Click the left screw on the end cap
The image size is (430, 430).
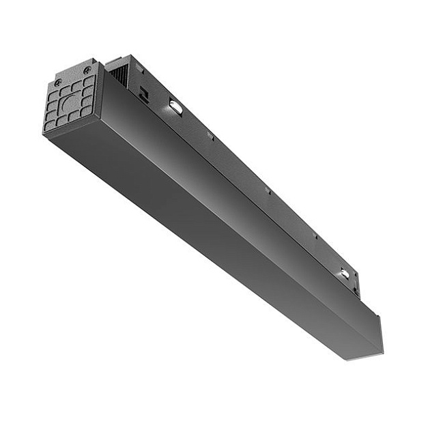point(57,83)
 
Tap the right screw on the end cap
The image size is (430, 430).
point(87,70)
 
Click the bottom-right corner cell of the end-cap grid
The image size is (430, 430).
point(87,111)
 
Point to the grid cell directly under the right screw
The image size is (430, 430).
point(88,81)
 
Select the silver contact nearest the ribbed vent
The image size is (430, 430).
point(175,106)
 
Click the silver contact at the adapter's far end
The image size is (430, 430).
point(345,274)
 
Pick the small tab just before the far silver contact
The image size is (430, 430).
point(315,237)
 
